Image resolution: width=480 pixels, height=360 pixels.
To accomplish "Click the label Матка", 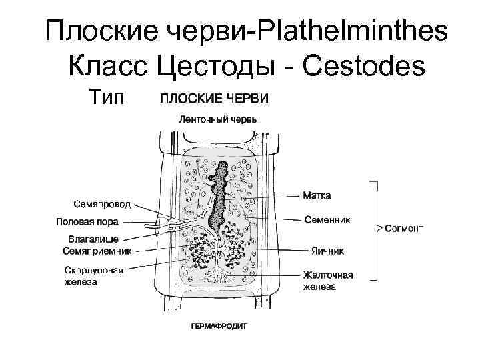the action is point(317,196).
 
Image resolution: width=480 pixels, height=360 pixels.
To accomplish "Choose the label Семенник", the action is point(327,218).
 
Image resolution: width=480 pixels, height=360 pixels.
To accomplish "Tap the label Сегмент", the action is point(404,228).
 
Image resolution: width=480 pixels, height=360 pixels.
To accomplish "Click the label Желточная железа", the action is point(328,280).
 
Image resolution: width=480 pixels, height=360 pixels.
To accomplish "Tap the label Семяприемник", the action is point(97,251).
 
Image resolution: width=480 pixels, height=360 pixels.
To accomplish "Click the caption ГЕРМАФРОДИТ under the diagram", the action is point(214,327).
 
